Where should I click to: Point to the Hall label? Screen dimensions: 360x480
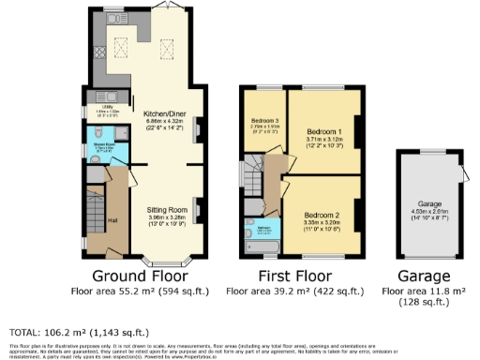(112, 220)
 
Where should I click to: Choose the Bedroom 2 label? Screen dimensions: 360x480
(320, 214)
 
